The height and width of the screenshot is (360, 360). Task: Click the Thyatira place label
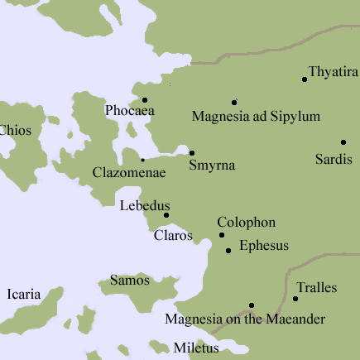pos(333,72)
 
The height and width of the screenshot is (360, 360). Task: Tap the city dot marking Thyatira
pos(305,79)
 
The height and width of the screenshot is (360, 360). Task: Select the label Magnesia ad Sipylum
pos(256,117)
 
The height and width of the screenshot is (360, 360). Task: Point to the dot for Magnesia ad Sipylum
pos(234,101)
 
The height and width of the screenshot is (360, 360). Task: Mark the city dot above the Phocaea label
pos(145,99)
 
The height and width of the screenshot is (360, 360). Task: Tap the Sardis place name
pos(334,158)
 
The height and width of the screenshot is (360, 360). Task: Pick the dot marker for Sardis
pos(343,142)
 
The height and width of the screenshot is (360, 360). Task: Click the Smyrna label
pos(212,166)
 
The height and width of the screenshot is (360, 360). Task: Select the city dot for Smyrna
pos(192,152)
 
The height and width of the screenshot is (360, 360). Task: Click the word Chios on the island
pos(14,130)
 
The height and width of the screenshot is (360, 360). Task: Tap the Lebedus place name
pos(145,205)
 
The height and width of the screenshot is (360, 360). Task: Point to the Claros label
pos(174,236)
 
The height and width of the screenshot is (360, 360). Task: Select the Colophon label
pos(246,223)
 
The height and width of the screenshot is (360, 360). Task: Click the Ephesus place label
pos(263,246)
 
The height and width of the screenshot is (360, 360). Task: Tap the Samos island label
pos(130,281)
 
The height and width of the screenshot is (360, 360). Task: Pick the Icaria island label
pos(23,293)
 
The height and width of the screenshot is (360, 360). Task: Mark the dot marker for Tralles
pos(295,298)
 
